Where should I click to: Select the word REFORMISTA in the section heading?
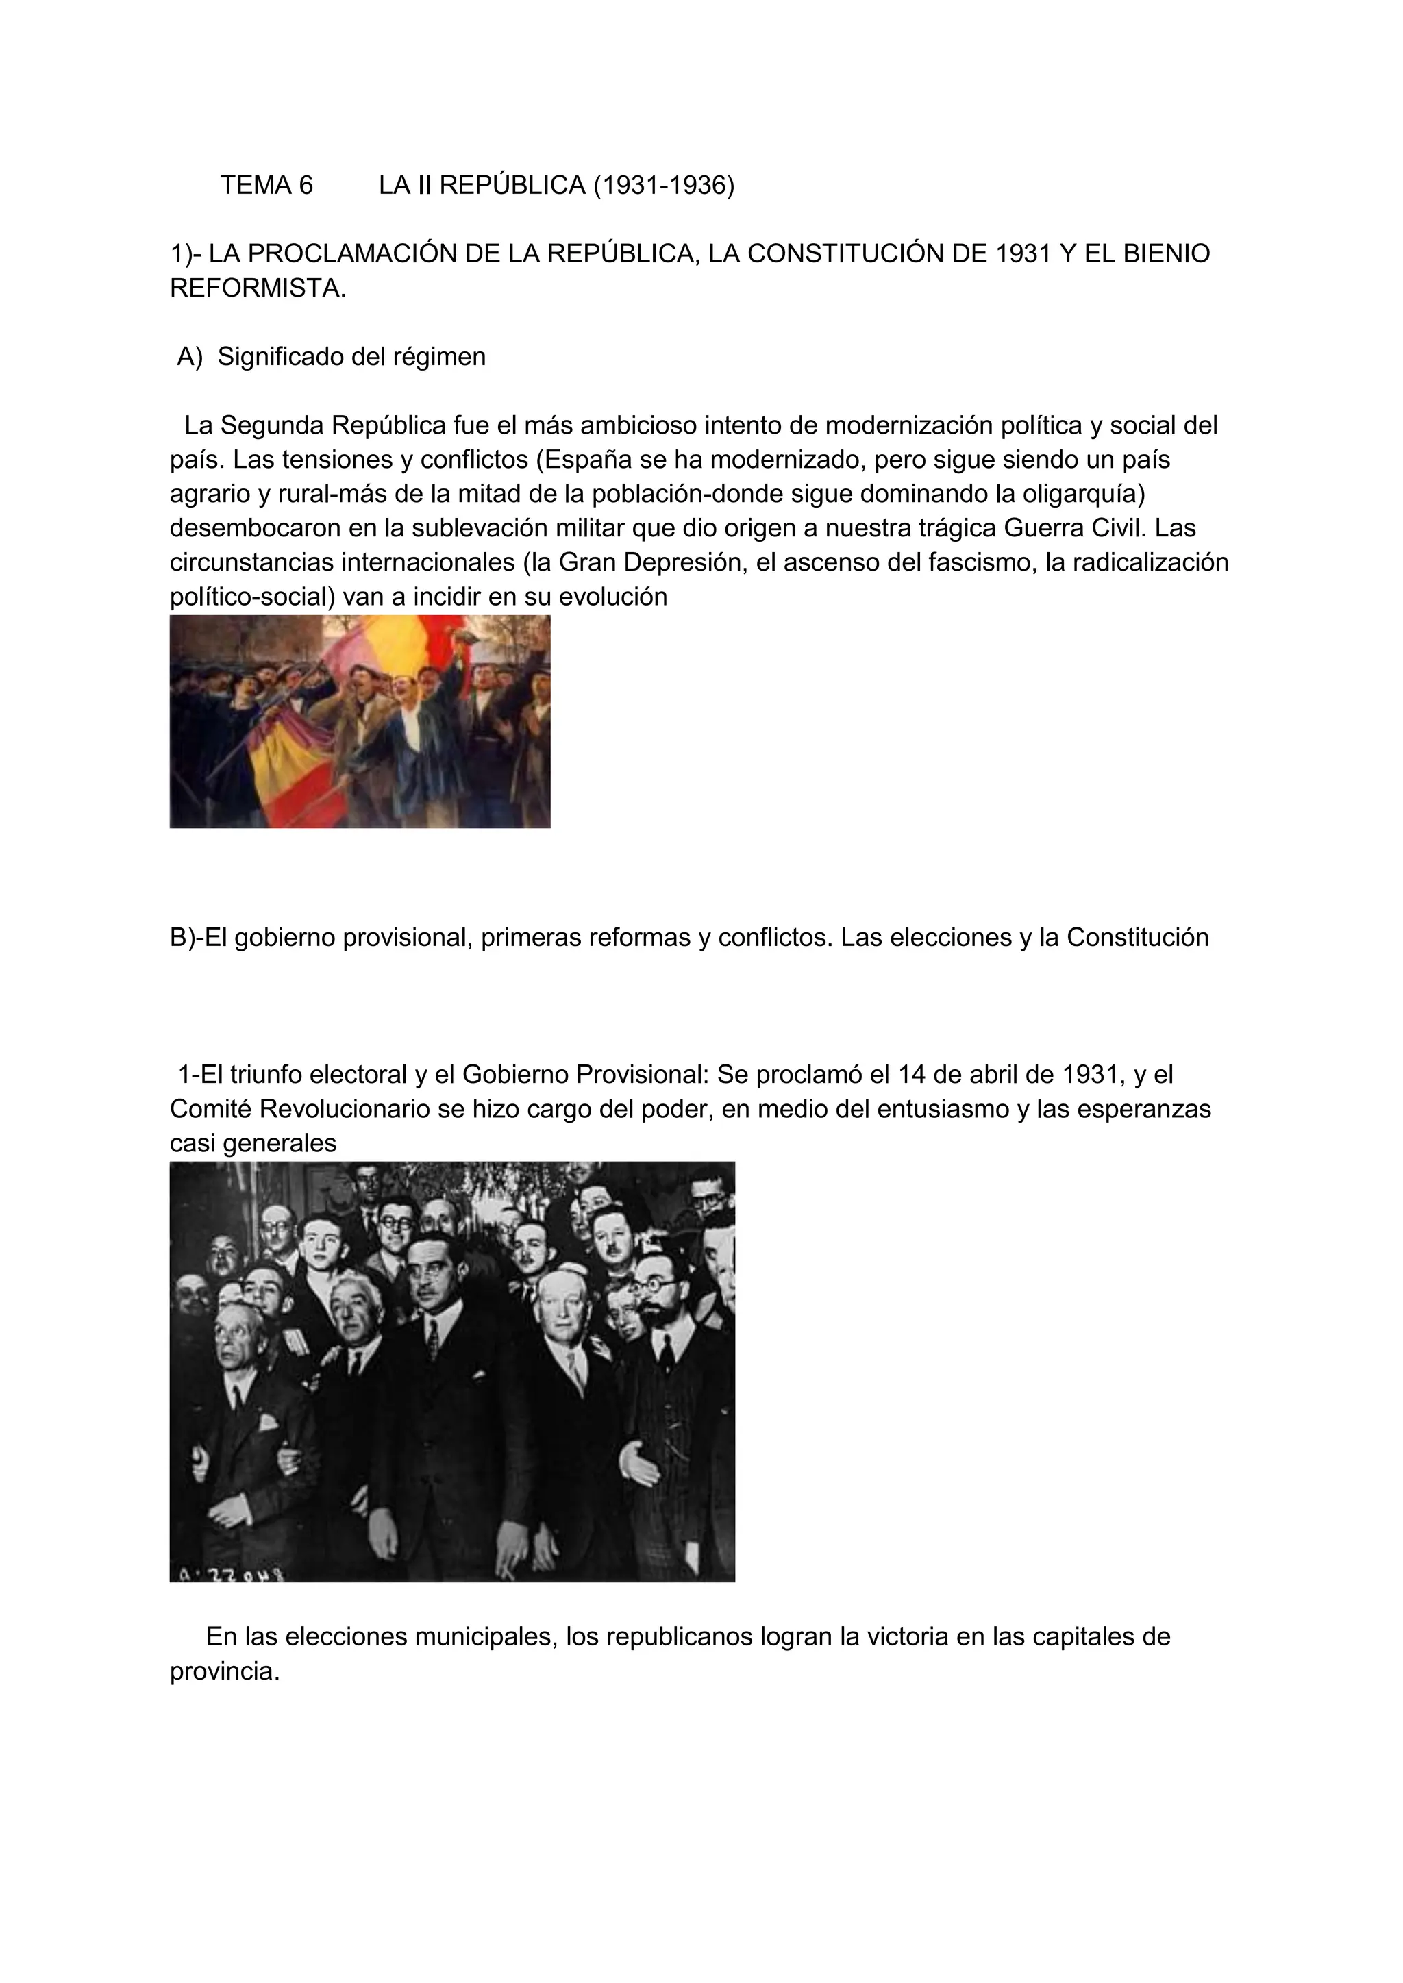pyautogui.click(x=257, y=288)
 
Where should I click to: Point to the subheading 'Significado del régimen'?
pyautogui.click(x=351, y=357)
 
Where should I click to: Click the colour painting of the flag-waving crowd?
pyautogui.click(x=360, y=721)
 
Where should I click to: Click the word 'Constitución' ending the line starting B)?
pyautogui.click(x=1137, y=937)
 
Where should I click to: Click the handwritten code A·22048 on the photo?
pyautogui.click(x=231, y=1572)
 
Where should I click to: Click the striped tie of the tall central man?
pyautogui.click(x=433, y=1338)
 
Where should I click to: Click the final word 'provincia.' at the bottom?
pyautogui.click(x=225, y=1671)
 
